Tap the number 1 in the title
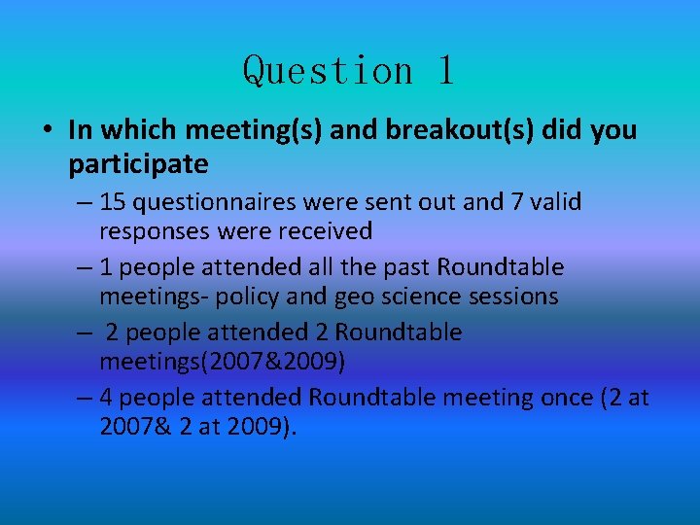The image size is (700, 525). pos(444,71)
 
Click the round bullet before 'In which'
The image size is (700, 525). pos(47,130)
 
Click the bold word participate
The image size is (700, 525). pos(138,163)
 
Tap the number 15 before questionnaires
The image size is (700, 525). pos(112,202)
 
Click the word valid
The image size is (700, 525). pos(557,202)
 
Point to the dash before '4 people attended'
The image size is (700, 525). pos(82,398)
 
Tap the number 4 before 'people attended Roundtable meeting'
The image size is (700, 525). pos(106,398)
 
